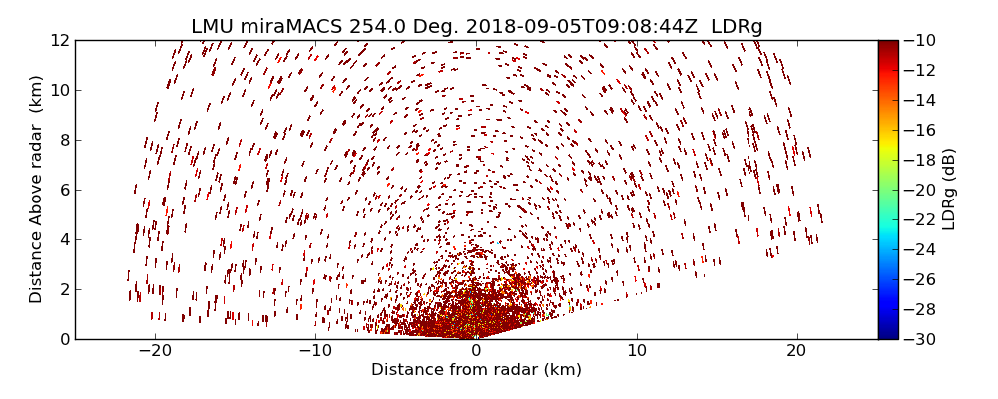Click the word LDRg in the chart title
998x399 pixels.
(737, 27)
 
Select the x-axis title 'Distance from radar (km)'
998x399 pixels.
(476, 370)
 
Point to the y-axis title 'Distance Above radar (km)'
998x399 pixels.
(36, 189)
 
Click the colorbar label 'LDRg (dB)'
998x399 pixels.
(949, 189)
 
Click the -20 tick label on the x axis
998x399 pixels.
(155, 351)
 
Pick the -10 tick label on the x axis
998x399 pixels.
(315, 351)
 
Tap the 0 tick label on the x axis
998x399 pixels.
(476, 351)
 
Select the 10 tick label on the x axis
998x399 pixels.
(637, 351)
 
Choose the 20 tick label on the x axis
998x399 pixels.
(796, 351)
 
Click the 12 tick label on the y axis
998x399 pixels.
(60, 40)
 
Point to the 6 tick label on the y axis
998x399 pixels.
(64, 190)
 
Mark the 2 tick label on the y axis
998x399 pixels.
(64, 289)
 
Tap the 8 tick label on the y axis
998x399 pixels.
(64, 140)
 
